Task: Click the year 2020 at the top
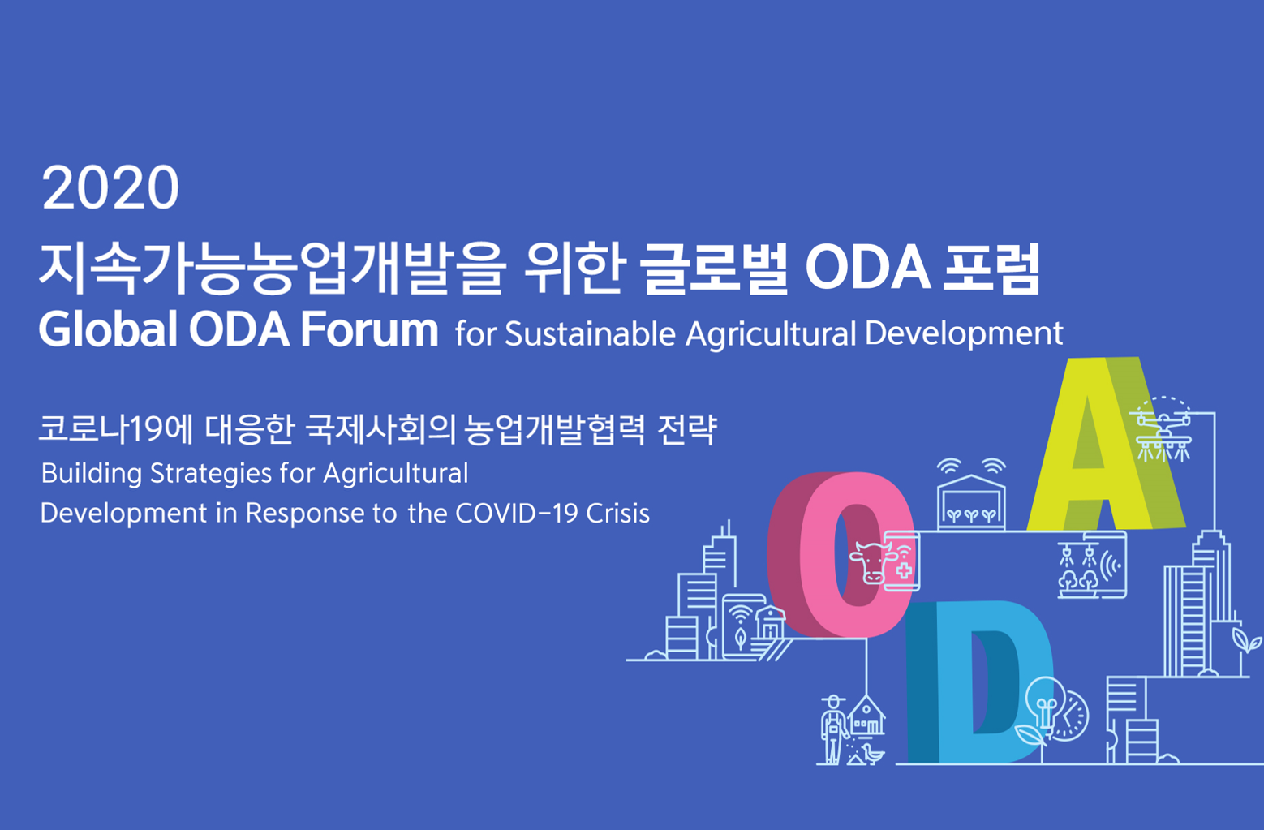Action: coord(110,187)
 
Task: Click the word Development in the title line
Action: coord(964,333)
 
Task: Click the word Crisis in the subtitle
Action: coord(618,514)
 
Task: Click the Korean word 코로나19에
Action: coord(116,429)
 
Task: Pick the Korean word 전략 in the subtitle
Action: coord(687,429)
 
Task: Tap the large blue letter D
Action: coord(979,682)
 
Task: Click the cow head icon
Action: coord(872,562)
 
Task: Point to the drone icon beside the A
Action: coord(1163,430)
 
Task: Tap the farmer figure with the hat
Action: coord(834,729)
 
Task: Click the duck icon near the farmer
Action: coord(874,754)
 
